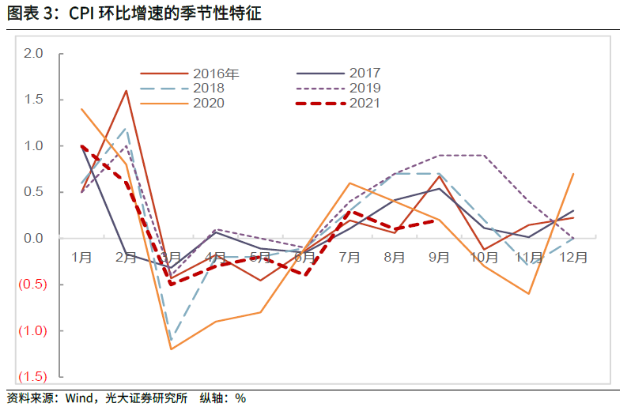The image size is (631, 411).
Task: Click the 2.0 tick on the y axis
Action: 33,54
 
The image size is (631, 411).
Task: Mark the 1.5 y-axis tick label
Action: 33,100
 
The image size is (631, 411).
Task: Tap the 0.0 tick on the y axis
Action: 33,238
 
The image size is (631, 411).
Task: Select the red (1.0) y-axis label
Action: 31,330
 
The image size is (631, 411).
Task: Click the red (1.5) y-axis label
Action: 31,377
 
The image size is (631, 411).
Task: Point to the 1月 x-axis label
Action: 81,258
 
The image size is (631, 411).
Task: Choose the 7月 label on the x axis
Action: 350,258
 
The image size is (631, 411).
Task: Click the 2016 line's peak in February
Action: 127,91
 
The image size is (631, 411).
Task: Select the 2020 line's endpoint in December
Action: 573,174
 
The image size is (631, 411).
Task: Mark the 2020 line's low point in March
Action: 171,349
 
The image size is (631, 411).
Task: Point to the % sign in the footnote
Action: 240,399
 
